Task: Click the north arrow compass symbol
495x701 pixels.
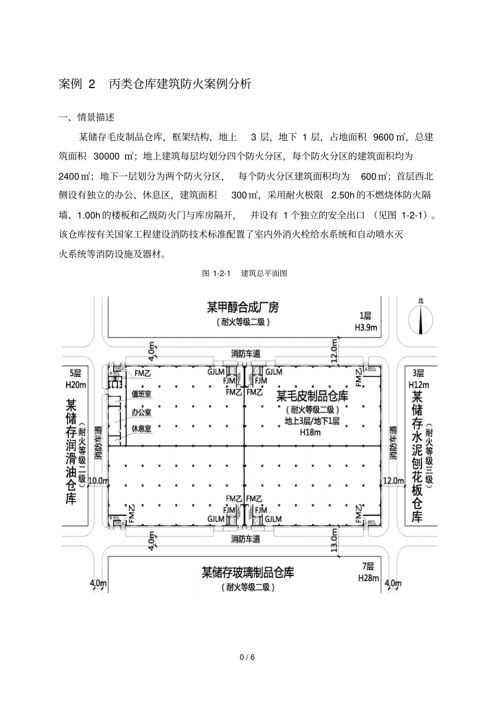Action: [x=420, y=317]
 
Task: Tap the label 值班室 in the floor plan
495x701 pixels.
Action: [x=141, y=395]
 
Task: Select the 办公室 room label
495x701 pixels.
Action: [x=141, y=412]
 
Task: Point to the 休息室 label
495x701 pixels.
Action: [x=141, y=428]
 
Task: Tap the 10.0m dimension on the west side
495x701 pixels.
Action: [x=98, y=481]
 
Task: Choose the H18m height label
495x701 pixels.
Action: [x=311, y=432]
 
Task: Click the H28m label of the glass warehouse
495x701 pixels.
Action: [x=368, y=578]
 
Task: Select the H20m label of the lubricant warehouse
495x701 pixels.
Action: [x=76, y=385]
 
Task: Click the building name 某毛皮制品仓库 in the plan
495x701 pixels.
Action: [x=312, y=396]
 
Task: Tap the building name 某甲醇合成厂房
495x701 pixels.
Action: [x=243, y=307]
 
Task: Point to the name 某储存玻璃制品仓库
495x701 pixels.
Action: [x=247, y=572]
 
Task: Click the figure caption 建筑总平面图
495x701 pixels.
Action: [x=264, y=273]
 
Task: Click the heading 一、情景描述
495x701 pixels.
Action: [x=86, y=117]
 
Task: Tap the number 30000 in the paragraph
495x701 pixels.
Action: [x=107, y=156]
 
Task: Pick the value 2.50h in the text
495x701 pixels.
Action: [x=342, y=195]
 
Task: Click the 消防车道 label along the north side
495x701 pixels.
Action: [x=245, y=354]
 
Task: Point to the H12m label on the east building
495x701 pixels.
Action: [x=418, y=385]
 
